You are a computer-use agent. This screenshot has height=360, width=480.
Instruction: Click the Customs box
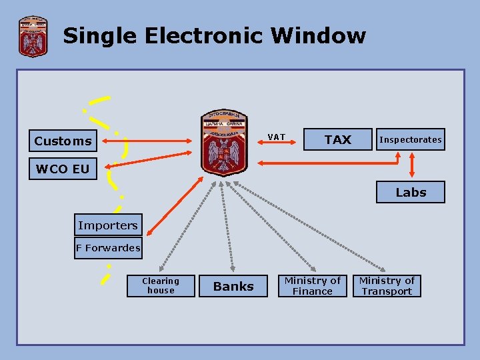(63, 141)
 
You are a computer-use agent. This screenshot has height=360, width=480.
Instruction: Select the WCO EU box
(63, 169)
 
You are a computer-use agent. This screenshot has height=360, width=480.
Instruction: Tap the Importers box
(108, 225)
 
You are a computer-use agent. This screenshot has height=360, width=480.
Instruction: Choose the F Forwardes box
(108, 248)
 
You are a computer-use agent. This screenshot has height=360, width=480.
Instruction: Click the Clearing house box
(161, 285)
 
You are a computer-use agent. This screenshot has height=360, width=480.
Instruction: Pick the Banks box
(233, 286)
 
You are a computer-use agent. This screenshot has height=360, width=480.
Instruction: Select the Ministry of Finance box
(312, 286)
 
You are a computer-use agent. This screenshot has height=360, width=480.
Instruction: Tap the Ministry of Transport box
(387, 286)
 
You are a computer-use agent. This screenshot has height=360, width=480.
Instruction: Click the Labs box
(411, 192)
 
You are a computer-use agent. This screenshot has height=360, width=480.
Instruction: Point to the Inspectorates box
(410, 139)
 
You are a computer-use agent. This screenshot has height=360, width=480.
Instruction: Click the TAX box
(337, 139)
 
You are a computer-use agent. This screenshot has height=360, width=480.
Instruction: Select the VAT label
(276, 137)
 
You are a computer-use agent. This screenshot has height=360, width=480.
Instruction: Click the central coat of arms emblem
(225, 141)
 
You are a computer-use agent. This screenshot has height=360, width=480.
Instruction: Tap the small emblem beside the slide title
(32, 37)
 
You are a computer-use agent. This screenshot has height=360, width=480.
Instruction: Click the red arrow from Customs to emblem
(147, 141)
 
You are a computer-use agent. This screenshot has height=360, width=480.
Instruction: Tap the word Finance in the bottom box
(312, 291)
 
